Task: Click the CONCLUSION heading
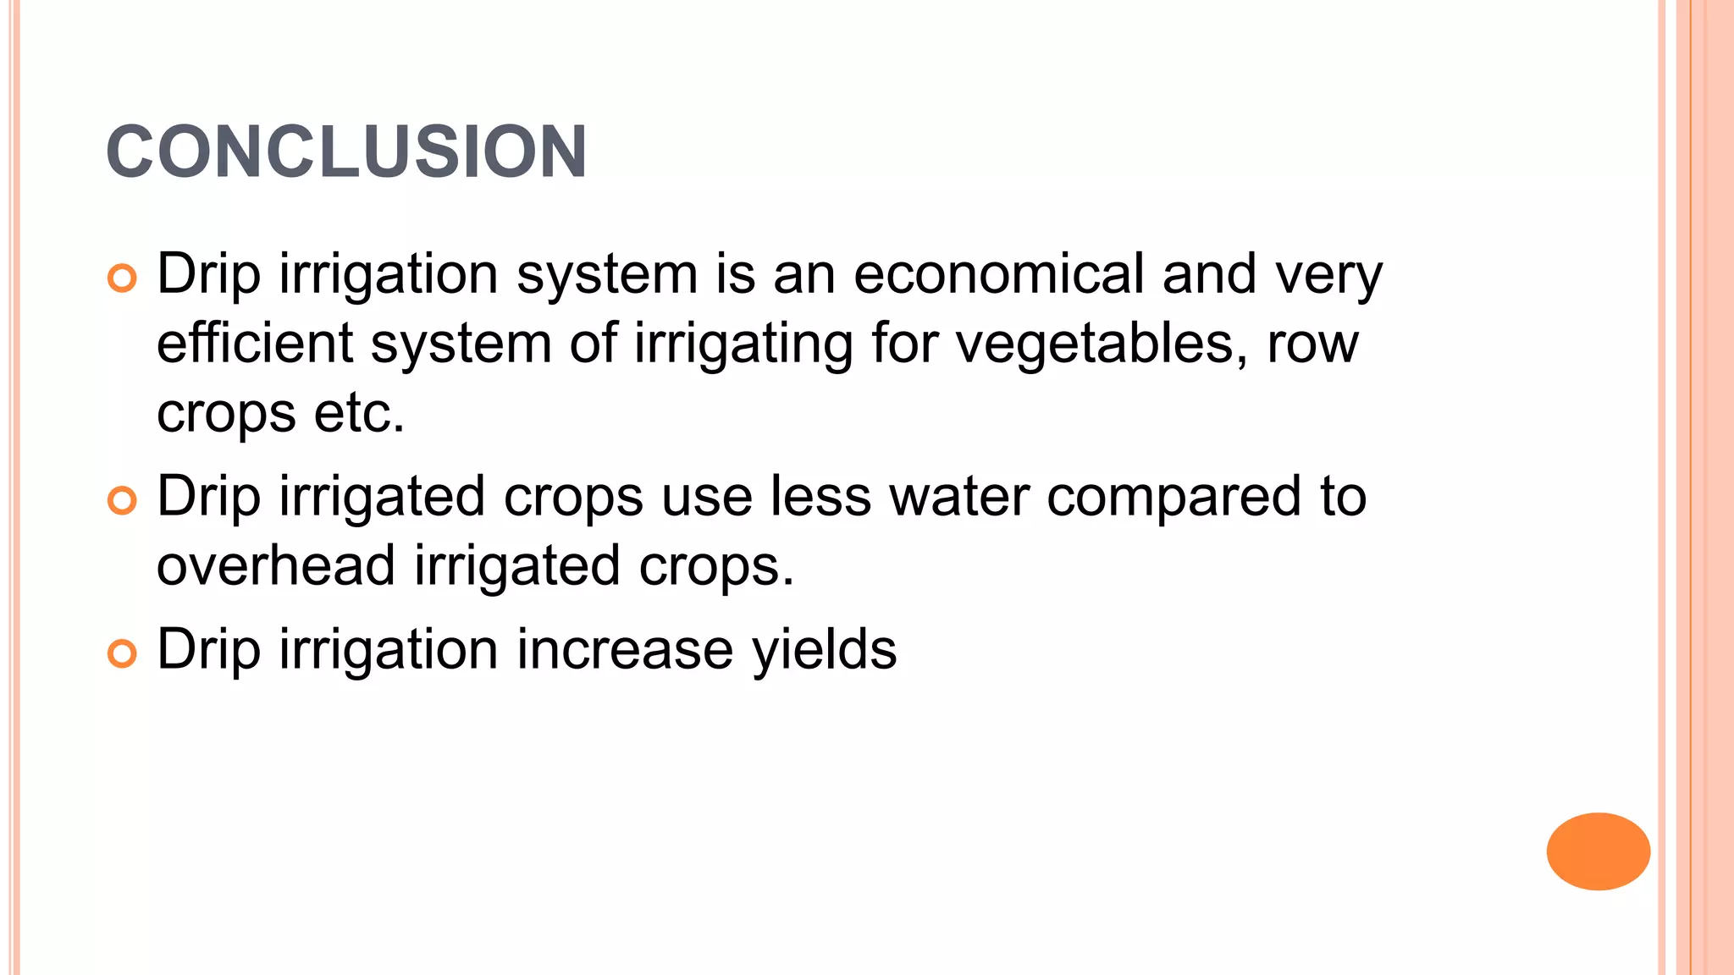[346, 152]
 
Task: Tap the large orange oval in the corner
[1598, 851]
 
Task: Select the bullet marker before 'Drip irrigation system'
[122, 278]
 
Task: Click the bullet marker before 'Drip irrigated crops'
[122, 501]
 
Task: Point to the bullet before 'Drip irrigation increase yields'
[122, 654]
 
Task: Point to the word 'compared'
[1173, 499]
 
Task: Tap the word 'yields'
[824, 651]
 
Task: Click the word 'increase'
[625, 650]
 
